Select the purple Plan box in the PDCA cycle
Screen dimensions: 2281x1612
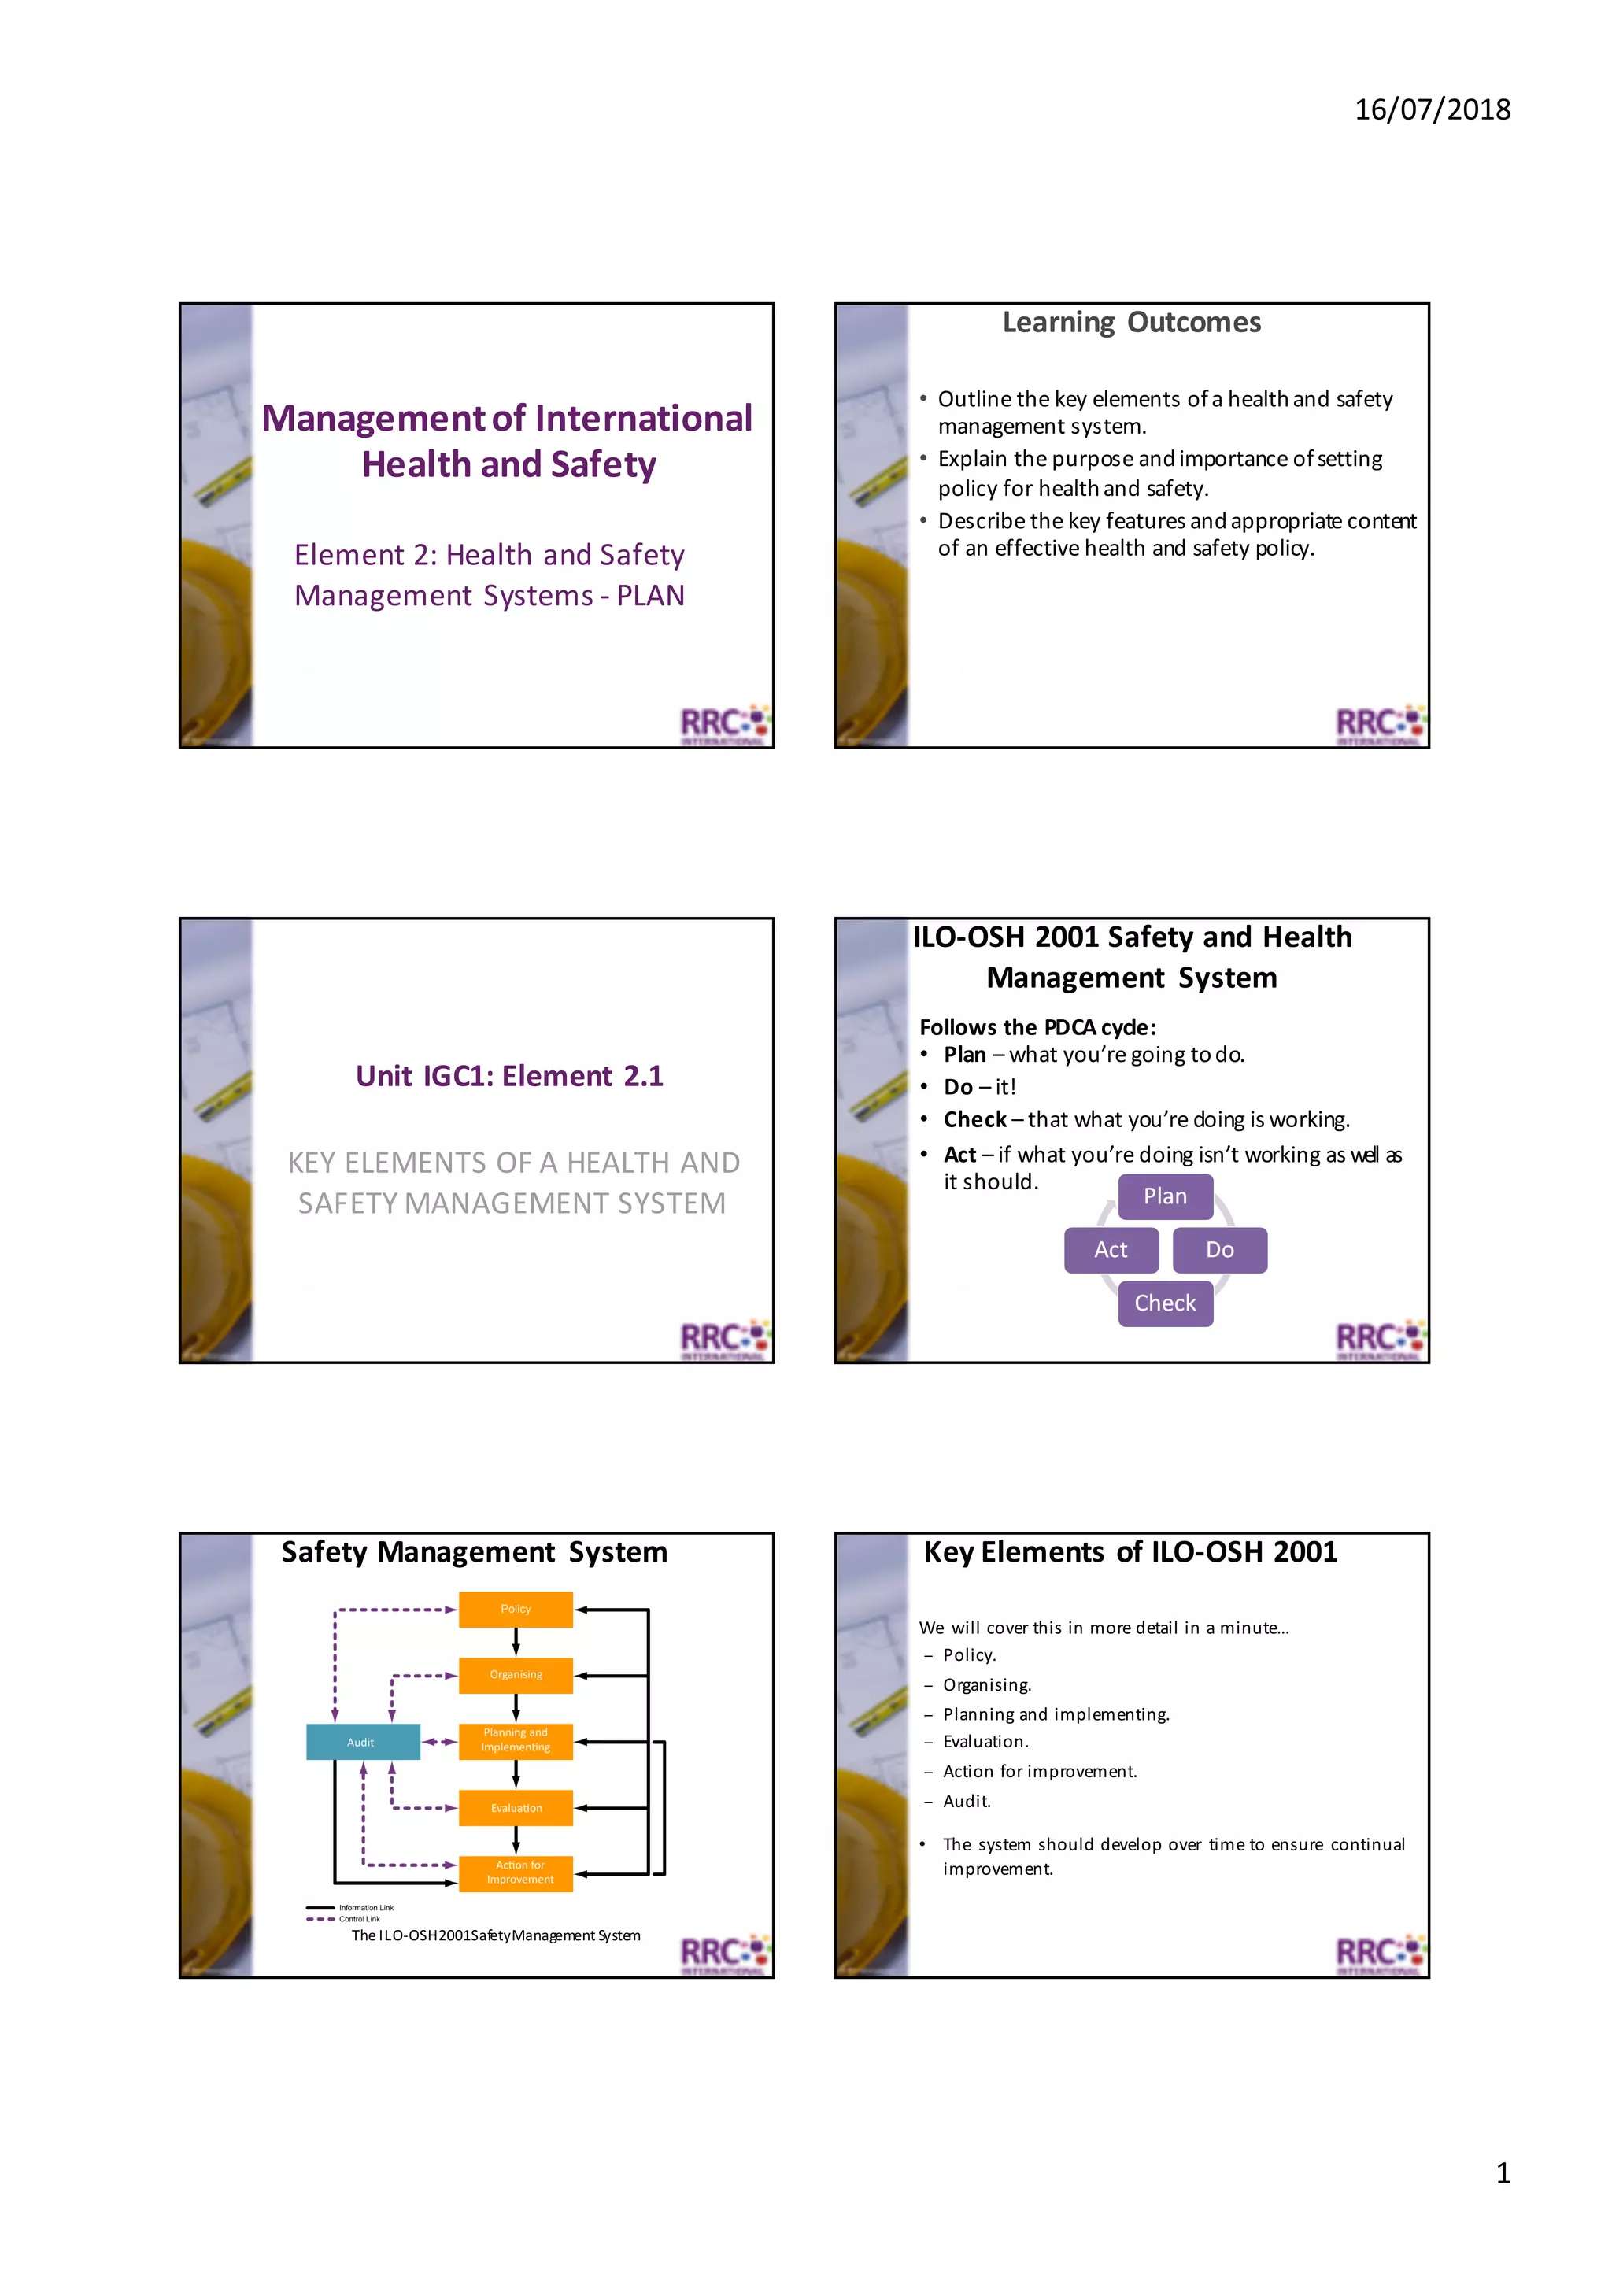tap(1164, 1196)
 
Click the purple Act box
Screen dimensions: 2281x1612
tap(1111, 1250)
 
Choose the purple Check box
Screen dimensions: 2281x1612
tap(1164, 1303)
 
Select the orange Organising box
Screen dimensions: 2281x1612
tap(516, 1674)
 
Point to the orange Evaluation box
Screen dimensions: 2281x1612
tap(516, 1808)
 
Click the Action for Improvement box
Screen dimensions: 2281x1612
tap(516, 1872)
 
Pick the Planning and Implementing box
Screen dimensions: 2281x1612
tap(516, 1740)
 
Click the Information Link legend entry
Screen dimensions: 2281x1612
tap(365, 1907)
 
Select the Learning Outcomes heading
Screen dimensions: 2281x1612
tap(1130, 323)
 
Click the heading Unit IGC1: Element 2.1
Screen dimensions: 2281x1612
tap(508, 1076)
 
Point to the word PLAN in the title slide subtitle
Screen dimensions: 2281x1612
tap(651, 596)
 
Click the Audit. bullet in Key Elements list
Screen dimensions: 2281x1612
tap(967, 1801)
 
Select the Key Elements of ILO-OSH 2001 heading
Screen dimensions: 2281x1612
tap(1130, 1552)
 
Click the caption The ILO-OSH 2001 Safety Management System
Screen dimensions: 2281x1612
tap(496, 1935)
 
